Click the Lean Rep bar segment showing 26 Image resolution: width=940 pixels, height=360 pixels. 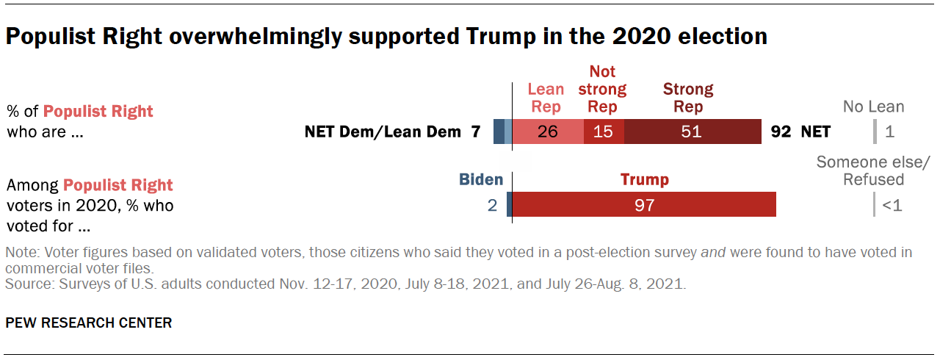point(548,132)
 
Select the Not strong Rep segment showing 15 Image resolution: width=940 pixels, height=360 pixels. point(604,132)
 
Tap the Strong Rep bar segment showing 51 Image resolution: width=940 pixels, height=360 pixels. point(693,132)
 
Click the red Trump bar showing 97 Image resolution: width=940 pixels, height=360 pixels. point(644,205)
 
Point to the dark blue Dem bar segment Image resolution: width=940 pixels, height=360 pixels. point(499,132)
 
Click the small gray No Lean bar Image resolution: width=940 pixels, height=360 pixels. point(875,132)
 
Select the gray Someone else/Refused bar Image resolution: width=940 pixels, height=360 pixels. point(874,205)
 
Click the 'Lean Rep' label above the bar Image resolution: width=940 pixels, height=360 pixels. point(546,98)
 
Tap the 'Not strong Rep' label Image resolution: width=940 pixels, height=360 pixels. point(602,89)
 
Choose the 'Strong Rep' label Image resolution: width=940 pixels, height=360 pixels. point(688,98)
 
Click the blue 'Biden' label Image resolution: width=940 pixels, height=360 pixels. point(481,179)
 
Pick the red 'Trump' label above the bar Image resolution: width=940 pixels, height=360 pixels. point(644,179)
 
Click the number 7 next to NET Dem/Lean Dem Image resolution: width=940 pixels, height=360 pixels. point(475,132)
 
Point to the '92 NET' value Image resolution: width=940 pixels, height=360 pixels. point(800,132)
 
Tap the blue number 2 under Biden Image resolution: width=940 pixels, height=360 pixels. point(493,206)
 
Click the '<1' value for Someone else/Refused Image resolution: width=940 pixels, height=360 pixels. point(892,206)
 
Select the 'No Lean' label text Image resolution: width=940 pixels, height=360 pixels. point(873,107)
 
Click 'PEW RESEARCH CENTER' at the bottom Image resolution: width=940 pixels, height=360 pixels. point(88,323)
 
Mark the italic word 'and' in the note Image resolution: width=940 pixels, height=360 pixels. point(712,253)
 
